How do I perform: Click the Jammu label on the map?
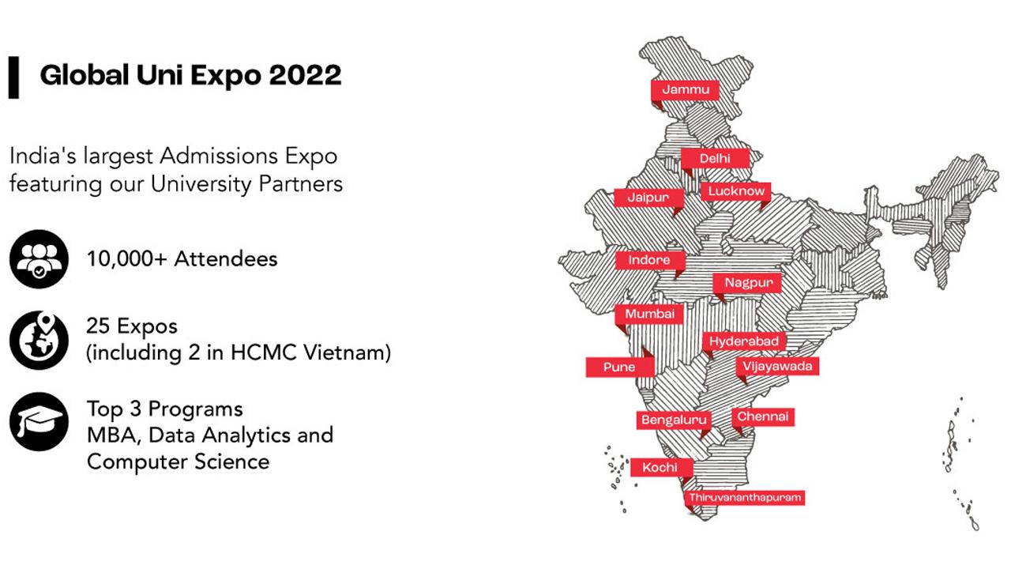point(685,90)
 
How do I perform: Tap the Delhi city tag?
point(715,159)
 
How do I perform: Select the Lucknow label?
point(735,191)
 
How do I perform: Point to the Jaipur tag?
point(648,198)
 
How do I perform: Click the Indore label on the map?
point(650,260)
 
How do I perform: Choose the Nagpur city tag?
point(747,283)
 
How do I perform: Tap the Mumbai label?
point(649,314)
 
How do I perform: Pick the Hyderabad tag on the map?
point(744,341)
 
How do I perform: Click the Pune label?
point(620,367)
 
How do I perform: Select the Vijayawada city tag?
point(777,366)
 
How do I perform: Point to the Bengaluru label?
point(674,420)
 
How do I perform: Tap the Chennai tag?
point(763,416)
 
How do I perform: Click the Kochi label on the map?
point(662,467)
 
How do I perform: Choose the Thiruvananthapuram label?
point(744,498)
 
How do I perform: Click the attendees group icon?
point(39,259)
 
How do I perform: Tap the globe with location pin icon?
point(39,340)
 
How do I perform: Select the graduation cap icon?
point(39,421)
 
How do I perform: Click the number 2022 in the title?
point(305,75)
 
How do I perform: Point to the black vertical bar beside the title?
point(13,77)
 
